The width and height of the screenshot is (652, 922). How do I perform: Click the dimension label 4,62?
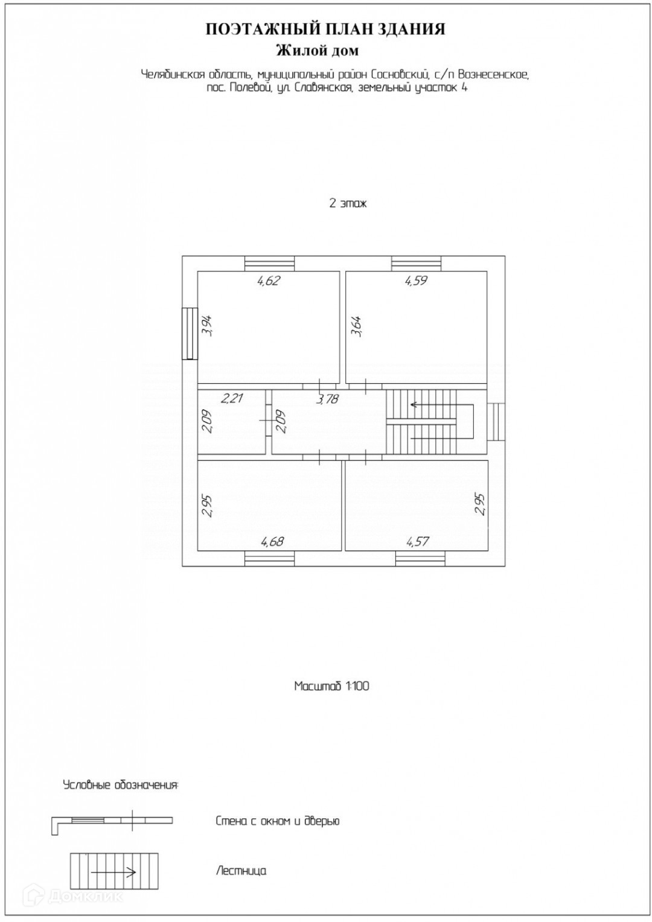(269, 281)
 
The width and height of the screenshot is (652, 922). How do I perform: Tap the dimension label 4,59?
(416, 281)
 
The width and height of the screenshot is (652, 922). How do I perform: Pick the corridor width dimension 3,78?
(327, 399)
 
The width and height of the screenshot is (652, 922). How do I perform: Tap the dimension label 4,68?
(272, 541)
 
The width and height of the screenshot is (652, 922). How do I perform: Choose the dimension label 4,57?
(418, 541)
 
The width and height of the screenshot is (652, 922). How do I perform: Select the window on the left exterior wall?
(190, 334)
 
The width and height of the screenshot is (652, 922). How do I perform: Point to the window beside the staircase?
(496, 422)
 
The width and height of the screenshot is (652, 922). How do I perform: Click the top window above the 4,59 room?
(417, 264)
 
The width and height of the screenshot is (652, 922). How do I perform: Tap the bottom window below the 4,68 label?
(269, 559)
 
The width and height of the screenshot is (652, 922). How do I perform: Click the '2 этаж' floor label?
(348, 203)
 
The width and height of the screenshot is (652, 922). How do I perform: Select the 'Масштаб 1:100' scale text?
(331, 686)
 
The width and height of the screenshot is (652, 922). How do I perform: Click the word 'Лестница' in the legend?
(241, 871)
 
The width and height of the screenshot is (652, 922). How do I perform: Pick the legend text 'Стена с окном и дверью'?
(277, 821)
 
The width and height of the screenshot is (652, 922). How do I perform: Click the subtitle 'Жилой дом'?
(317, 50)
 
